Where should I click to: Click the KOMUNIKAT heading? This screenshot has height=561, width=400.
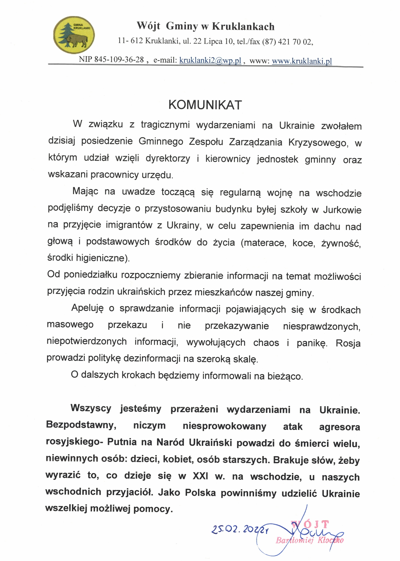[205, 105]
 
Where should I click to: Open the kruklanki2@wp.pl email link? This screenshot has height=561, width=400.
[210, 60]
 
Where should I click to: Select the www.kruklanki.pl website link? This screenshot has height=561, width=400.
[302, 61]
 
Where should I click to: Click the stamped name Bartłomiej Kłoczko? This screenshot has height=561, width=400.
[309, 540]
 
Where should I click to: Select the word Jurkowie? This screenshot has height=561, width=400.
[342, 210]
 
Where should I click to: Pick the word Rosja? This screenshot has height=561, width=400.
[348, 343]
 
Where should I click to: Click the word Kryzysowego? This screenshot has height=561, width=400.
[317, 142]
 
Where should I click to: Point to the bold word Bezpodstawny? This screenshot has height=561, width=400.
[81, 425]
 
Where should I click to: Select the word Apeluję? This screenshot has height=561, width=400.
[88, 308]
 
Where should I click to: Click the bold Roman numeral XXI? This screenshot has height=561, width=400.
[200, 476]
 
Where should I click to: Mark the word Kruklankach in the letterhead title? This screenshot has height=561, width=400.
[243, 26]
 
